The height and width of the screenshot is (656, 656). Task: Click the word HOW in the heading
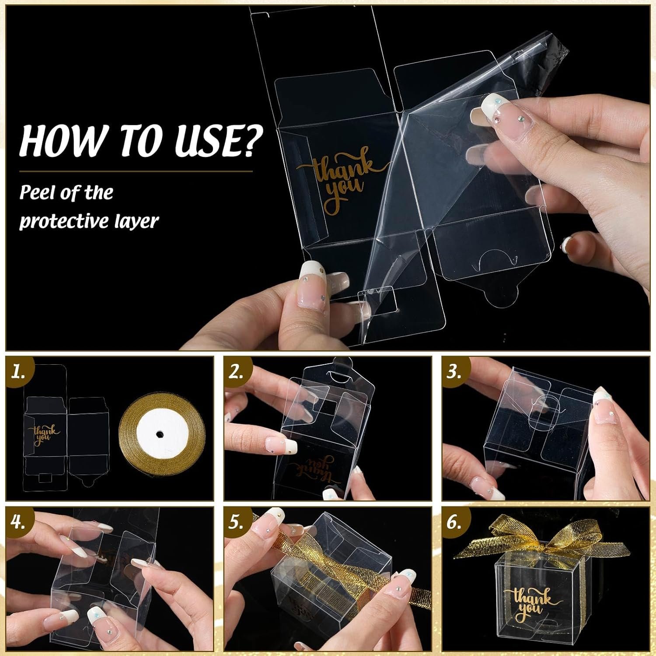point(58,139)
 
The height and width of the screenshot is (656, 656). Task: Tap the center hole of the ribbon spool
point(160,435)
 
